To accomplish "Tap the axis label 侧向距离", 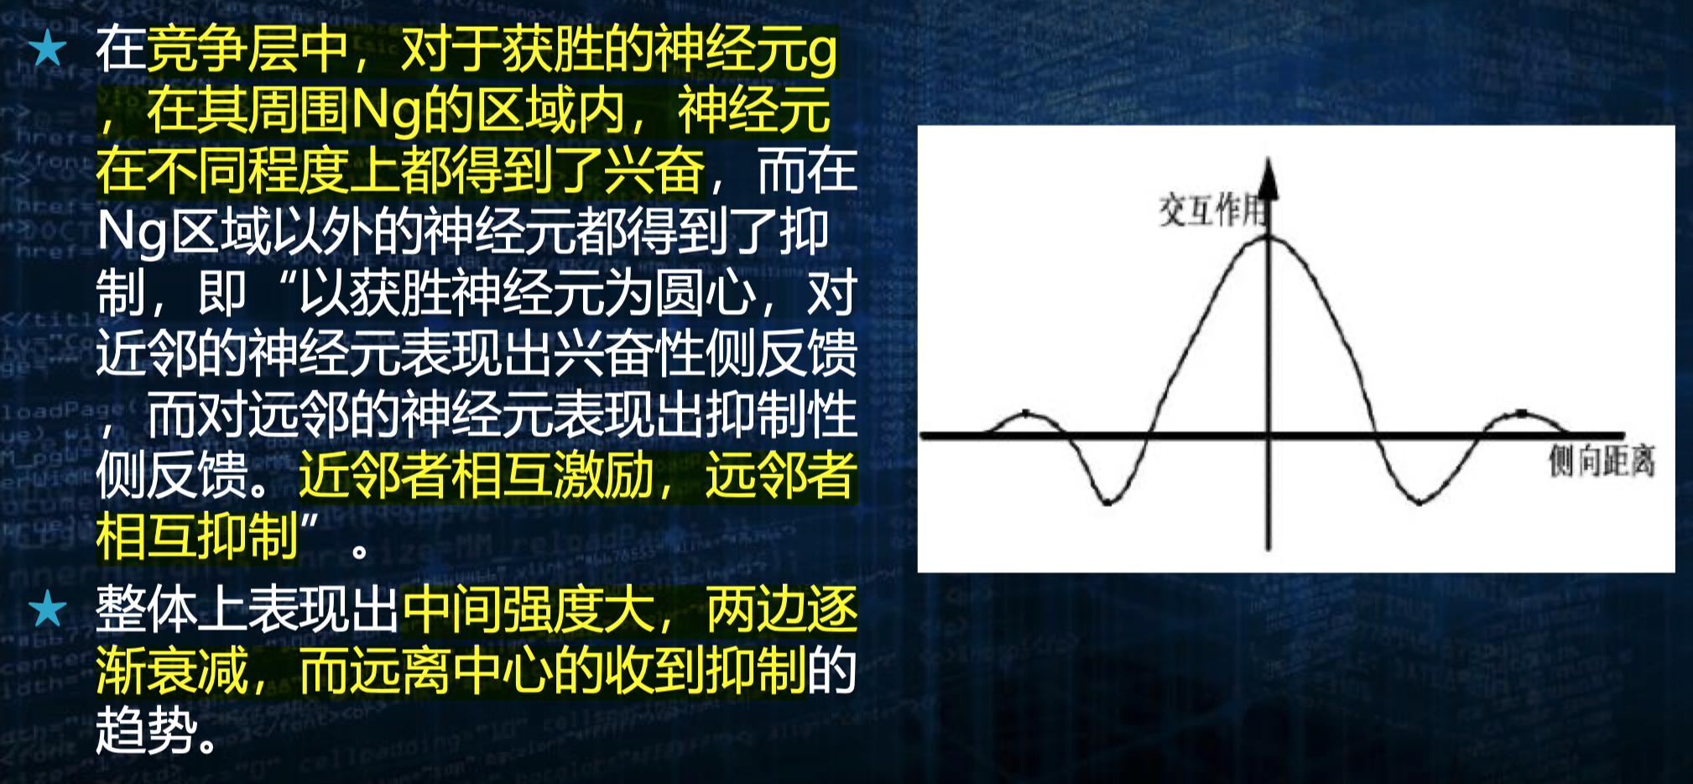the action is (1602, 461).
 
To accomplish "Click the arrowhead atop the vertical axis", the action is (1268, 176).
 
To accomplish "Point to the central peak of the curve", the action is (1268, 238).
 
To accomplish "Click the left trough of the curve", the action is (1107, 502).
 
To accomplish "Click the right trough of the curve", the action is (1420, 502).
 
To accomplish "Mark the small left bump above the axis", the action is (1026, 414).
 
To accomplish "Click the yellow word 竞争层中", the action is (247, 50).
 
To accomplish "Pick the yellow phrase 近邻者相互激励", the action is (476, 475).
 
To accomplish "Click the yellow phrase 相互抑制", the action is (197, 536).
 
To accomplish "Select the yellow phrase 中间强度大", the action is (529, 609).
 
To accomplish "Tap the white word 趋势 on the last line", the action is (146, 730).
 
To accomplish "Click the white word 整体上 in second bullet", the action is (171, 609).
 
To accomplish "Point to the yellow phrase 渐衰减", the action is (171, 670).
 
